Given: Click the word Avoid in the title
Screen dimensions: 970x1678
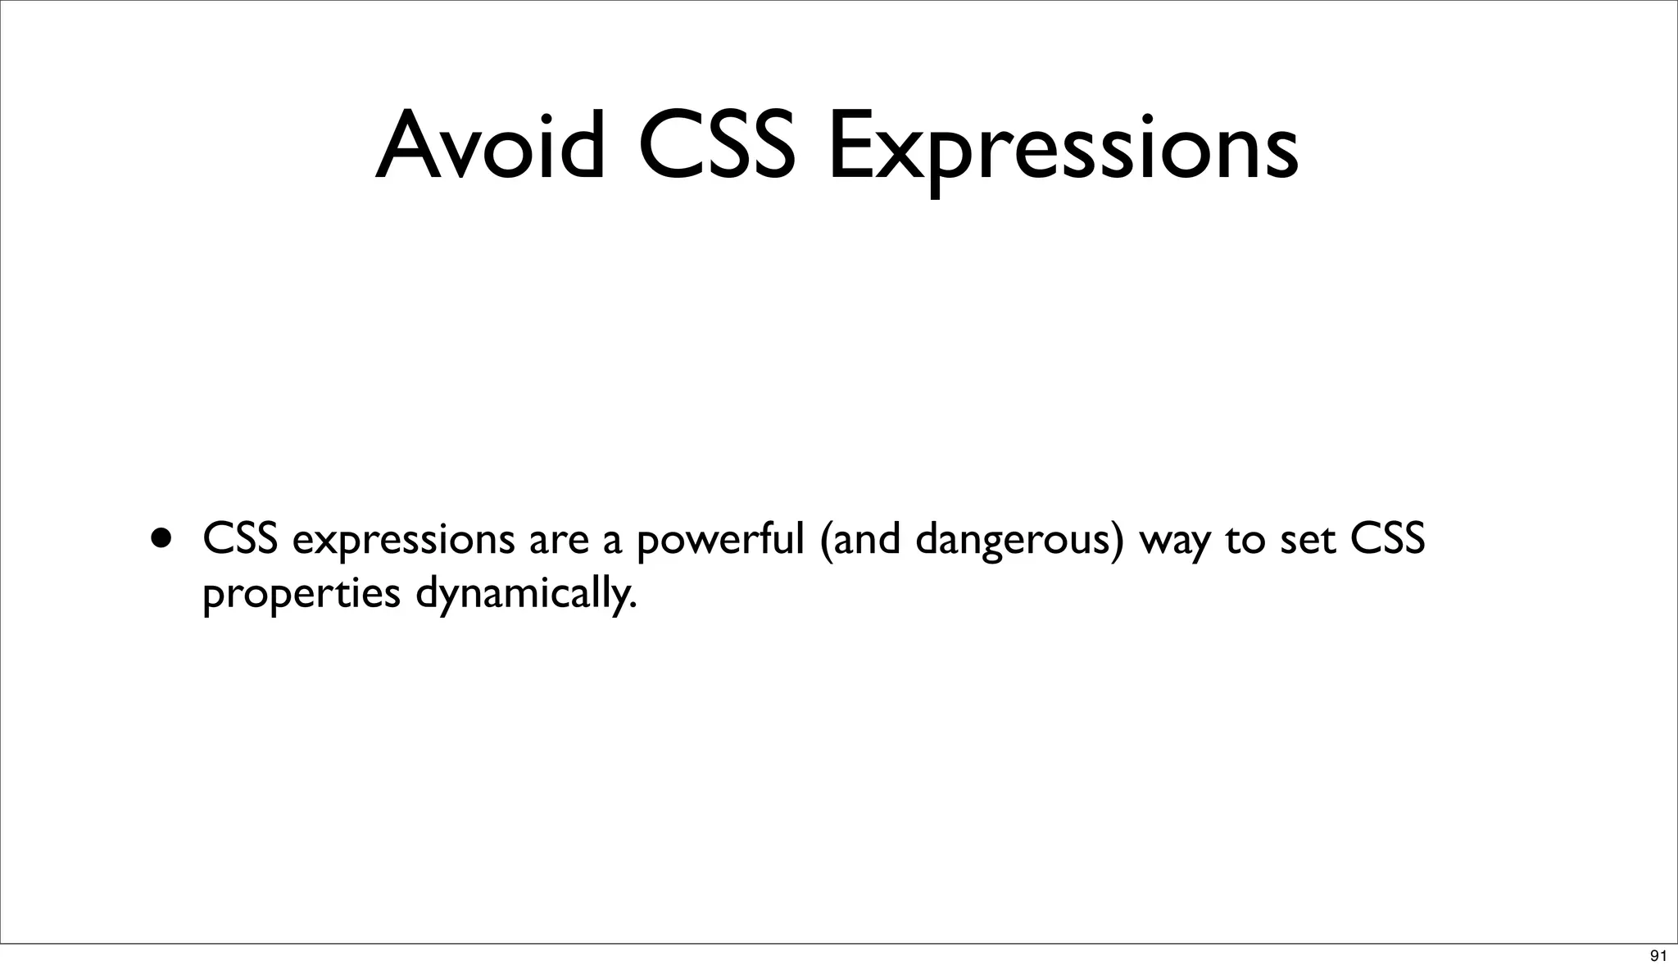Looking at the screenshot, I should coord(490,145).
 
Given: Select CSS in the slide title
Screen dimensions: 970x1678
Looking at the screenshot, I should coord(716,145).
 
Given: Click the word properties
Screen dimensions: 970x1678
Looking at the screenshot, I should coord(301,594).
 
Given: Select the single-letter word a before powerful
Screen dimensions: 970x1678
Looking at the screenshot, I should coord(612,542).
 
